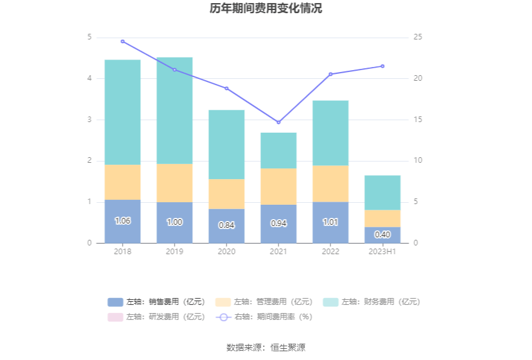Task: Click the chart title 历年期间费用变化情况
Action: click(266, 9)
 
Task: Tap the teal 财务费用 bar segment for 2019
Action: click(175, 110)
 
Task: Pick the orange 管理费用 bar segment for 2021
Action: click(279, 187)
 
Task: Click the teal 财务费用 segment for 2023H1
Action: click(382, 192)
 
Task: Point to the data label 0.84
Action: click(227, 225)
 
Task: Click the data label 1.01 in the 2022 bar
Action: click(330, 222)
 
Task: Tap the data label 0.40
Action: click(382, 234)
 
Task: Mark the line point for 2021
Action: click(279, 122)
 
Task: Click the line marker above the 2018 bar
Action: click(123, 41)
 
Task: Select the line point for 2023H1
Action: click(382, 66)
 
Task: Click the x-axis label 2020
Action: click(227, 251)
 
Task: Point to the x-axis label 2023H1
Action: click(382, 251)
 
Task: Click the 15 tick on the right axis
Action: click(418, 120)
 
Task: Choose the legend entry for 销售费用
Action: click(156, 302)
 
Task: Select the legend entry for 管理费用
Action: click(264, 302)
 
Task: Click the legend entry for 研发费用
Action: click(156, 317)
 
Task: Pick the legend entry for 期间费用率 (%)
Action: click(264, 317)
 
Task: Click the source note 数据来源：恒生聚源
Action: click(266, 347)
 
